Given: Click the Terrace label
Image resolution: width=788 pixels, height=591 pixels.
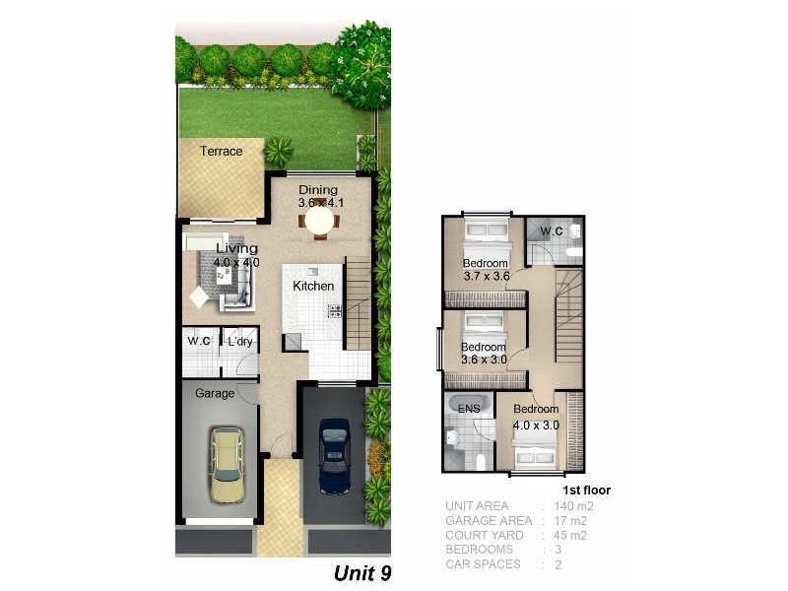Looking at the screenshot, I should [x=221, y=152].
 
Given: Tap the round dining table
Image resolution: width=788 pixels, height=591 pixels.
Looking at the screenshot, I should [x=319, y=222].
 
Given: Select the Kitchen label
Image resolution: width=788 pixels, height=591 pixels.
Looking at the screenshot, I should [x=313, y=286].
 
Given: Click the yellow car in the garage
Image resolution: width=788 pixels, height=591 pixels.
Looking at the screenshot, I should [x=227, y=464].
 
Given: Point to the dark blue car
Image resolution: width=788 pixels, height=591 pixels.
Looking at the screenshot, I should [x=335, y=455].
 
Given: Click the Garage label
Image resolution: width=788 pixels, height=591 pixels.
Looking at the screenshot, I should [x=215, y=393].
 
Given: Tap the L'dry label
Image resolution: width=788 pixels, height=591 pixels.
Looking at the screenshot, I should [x=241, y=342].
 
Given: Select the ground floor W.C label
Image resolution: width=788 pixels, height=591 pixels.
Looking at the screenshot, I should [x=200, y=342].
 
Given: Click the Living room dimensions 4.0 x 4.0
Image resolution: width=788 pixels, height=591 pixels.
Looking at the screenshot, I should [x=237, y=263].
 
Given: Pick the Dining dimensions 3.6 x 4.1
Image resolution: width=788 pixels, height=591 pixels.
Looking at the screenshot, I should [x=318, y=203].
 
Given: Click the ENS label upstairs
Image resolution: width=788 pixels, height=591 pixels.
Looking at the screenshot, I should [x=469, y=409].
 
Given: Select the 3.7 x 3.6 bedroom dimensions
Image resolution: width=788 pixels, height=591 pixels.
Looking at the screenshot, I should [x=486, y=277].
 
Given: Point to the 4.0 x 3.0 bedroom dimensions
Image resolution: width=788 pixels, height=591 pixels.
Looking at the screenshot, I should [x=536, y=426].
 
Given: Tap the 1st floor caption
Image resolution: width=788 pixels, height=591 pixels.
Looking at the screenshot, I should [x=586, y=490].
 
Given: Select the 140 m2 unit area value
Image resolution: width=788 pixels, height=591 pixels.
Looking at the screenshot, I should [x=573, y=506].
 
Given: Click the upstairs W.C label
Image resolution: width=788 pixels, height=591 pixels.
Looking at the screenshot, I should [x=551, y=231].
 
